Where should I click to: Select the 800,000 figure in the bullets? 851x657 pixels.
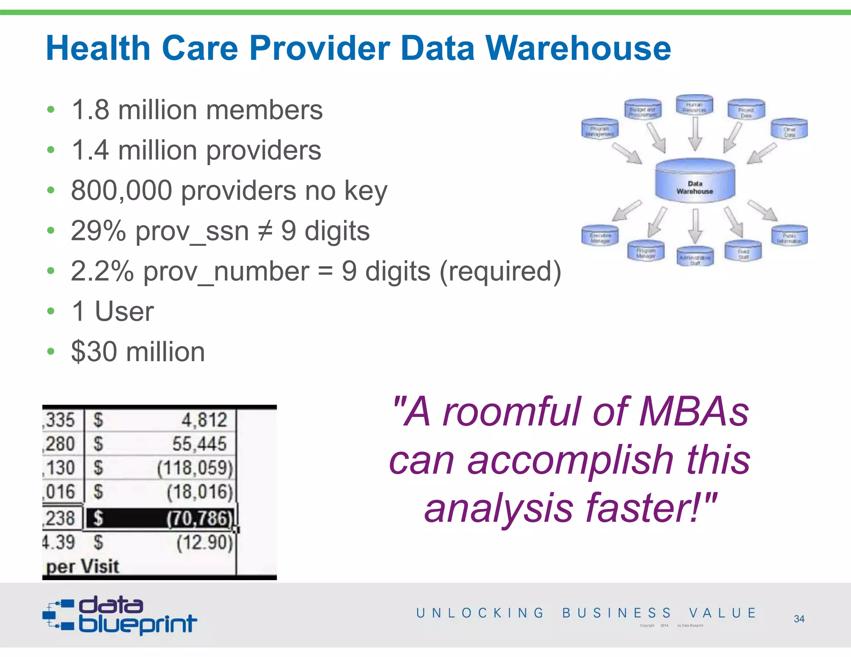(121, 191)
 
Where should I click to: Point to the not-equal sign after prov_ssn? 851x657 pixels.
(265, 231)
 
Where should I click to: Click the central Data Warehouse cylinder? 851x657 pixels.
(695, 181)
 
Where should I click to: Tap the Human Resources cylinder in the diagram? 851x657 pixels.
(694, 105)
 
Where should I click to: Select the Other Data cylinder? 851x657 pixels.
(789, 129)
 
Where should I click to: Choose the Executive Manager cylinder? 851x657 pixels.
(600, 235)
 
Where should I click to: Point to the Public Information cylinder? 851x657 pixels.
(790, 236)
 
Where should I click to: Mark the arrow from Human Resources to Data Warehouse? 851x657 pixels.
(695, 134)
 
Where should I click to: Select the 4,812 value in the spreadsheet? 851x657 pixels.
(204, 420)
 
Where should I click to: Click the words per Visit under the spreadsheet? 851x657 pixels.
(83, 566)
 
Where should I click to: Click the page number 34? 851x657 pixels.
(799, 619)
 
